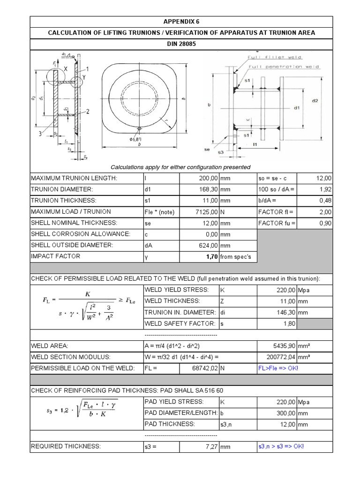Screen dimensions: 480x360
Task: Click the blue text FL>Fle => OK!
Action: tap(278, 368)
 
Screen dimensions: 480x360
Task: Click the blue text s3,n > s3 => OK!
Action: tap(281, 446)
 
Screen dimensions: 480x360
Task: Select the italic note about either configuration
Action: tap(180, 167)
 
